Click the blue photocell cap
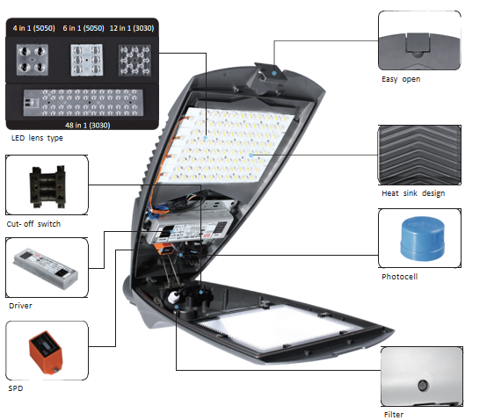(x=423, y=238)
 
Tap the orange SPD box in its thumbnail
(x=46, y=352)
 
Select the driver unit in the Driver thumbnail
(x=46, y=269)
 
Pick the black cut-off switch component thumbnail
(x=47, y=186)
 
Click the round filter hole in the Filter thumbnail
(x=422, y=386)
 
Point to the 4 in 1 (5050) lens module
(x=33, y=60)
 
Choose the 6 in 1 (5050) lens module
(x=87, y=60)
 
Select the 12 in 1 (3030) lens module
(x=134, y=61)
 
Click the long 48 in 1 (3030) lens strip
(x=84, y=103)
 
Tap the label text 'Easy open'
(x=401, y=79)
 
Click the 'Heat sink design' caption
(x=413, y=193)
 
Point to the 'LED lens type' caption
(x=37, y=138)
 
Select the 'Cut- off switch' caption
(x=33, y=224)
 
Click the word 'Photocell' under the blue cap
(x=399, y=277)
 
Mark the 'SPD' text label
(x=16, y=388)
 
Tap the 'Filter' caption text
(x=394, y=415)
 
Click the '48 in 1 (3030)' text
(x=88, y=126)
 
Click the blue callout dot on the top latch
(x=274, y=73)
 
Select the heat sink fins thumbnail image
(x=419, y=155)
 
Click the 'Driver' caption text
(x=20, y=306)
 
